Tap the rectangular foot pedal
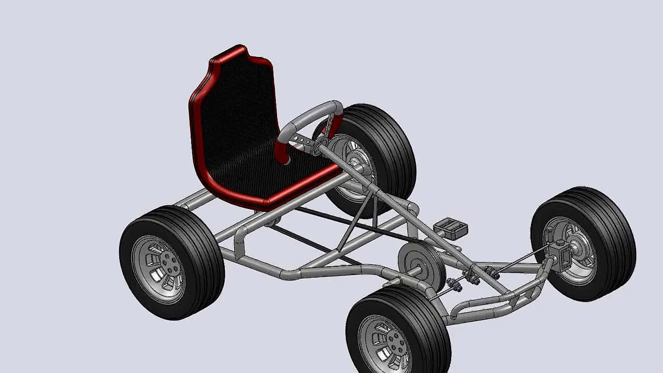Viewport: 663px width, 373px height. (451, 227)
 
